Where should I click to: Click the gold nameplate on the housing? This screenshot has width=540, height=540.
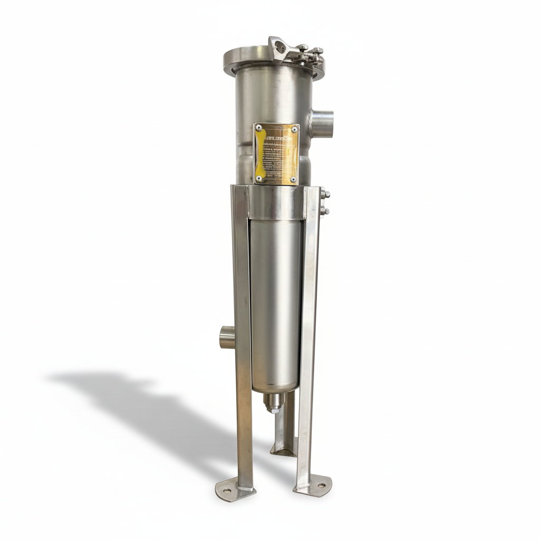point(276,154)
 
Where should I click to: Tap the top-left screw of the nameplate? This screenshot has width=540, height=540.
point(258,128)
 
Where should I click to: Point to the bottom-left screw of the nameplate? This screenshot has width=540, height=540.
point(258,179)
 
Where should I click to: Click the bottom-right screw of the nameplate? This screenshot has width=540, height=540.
point(293,179)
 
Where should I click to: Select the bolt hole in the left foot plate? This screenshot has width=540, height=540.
point(227,490)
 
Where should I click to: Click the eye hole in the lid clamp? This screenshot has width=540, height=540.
point(279,49)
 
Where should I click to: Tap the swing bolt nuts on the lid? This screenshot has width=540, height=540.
point(311,53)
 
